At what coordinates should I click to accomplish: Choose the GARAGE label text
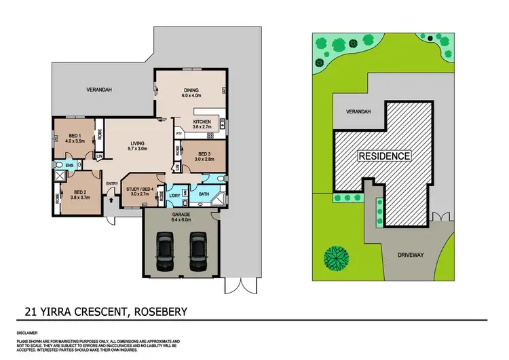pos(181,214)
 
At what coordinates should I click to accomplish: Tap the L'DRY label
pos(175,196)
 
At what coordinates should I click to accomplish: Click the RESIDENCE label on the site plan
pos(384,156)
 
